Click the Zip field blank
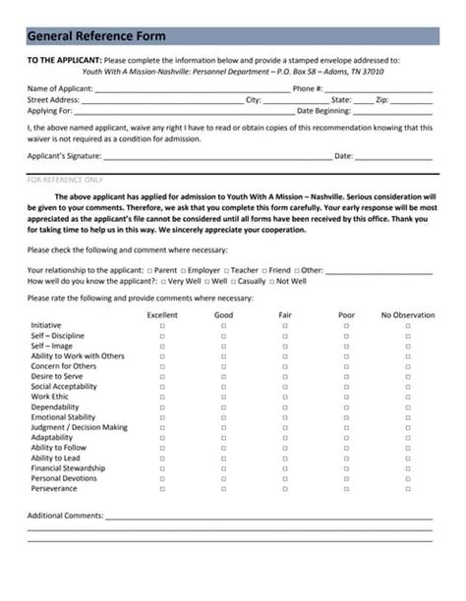(x=412, y=101)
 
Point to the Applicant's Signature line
(x=217, y=157)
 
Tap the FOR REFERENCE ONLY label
(x=64, y=181)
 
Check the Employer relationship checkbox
(x=184, y=270)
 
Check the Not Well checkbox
(x=272, y=281)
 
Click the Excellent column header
(x=162, y=315)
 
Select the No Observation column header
(x=407, y=315)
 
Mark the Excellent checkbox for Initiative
(x=162, y=325)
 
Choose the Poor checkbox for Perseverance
(x=346, y=488)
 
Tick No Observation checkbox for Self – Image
(x=407, y=347)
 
